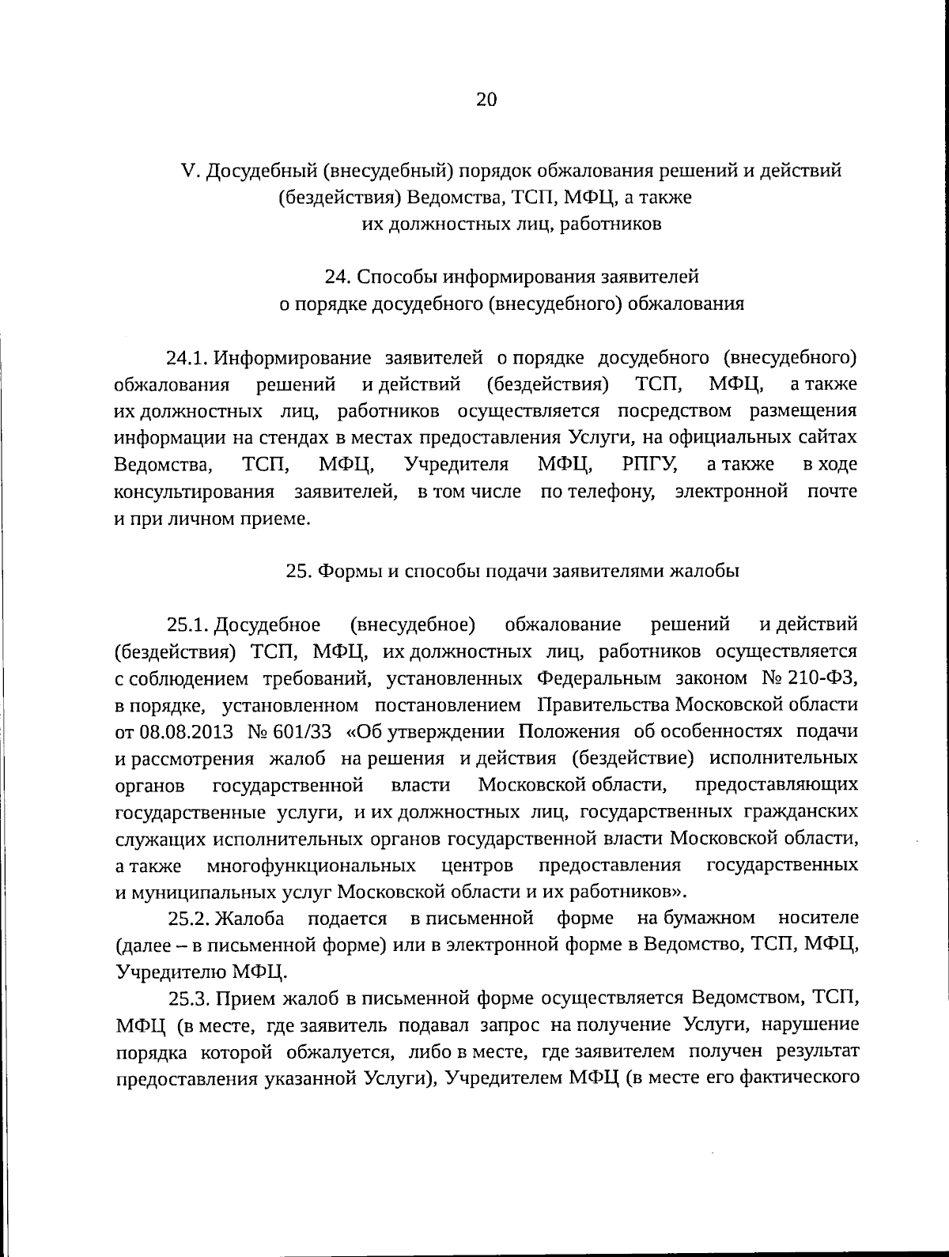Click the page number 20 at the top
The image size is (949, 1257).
pos(486,99)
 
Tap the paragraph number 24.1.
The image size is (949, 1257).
pos(187,357)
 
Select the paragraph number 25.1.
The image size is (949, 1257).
pos(187,625)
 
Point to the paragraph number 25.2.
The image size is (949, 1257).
pos(187,918)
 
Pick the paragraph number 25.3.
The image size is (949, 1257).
pos(187,998)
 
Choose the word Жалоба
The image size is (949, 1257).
pos(250,918)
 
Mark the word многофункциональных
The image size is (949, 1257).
pos(312,865)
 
